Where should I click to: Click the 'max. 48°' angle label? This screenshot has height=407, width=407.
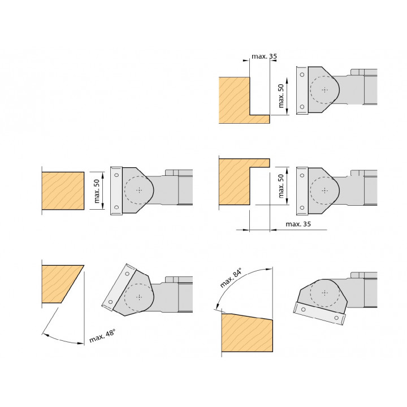[x=102, y=336]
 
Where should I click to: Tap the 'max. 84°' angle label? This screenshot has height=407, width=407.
[x=231, y=278]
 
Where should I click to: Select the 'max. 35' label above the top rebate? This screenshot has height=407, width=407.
[x=264, y=57]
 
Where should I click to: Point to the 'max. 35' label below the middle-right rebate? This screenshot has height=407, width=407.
[x=298, y=224]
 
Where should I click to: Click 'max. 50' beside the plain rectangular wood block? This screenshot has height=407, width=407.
[x=97, y=191]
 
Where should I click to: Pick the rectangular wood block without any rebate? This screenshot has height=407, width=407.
[x=63, y=191]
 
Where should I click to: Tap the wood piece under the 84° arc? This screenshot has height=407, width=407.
[x=247, y=333]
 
